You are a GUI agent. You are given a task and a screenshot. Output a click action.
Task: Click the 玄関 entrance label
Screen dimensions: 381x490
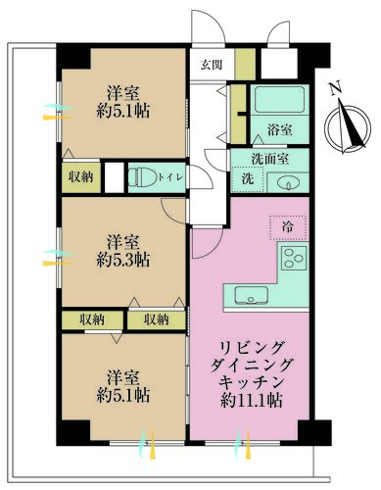tap(212, 65)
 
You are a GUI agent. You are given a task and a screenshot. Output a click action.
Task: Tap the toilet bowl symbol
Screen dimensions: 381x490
tap(142, 177)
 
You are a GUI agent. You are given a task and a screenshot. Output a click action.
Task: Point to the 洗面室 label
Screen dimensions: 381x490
tap(269, 159)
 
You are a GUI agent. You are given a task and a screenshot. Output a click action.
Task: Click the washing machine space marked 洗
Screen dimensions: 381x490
tap(248, 178)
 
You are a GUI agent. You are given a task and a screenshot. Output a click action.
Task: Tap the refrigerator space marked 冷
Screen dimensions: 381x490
tap(288, 227)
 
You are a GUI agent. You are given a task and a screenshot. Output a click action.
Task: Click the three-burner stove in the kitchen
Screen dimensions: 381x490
tap(294, 258)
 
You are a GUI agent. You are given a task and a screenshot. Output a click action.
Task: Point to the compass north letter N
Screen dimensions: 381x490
tap(335, 88)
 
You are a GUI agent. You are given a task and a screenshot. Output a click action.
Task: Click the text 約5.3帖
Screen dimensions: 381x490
tap(123, 261)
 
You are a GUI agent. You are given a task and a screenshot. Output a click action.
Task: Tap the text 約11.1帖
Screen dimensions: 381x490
tap(252, 399)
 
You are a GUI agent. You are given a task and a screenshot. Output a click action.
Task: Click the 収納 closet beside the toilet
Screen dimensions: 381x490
tap(81, 177)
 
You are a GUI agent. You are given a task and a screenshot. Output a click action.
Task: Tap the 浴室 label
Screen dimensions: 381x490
tap(279, 130)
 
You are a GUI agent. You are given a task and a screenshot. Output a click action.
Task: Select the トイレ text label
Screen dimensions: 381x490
tap(170, 177)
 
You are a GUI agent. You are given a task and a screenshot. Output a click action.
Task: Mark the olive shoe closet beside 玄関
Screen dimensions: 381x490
tap(245, 64)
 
